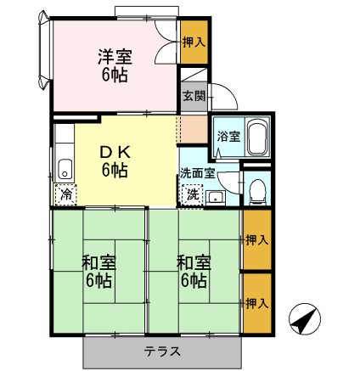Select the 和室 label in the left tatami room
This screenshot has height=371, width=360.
pyautogui.click(x=99, y=261)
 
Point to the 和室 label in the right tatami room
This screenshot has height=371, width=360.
pyautogui.click(x=192, y=261)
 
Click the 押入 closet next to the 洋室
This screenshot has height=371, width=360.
pyautogui.click(x=194, y=42)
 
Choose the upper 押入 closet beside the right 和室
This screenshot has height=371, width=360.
pyautogui.click(x=256, y=240)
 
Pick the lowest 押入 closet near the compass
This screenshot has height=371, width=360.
pyautogui.click(x=256, y=302)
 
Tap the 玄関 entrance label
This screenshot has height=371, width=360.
pyautogui.click(x=193, y=95)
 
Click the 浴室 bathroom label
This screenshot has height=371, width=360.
pyautogui.click(x=228, y=136)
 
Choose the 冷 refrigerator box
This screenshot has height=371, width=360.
pyautogui.click(x=66, y=194)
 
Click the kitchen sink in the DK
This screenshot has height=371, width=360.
pyautogui.click(x=65, y=167)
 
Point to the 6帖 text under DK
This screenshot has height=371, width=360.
pyautogui.click(x=115, y=170)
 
